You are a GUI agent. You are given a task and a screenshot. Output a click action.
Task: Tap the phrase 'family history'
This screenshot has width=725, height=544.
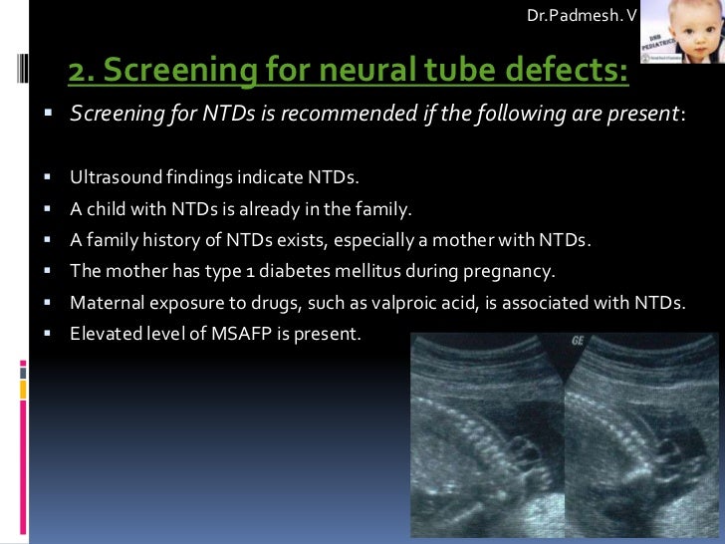(136, 240)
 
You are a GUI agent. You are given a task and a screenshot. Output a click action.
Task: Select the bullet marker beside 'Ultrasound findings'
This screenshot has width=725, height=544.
(47, 178)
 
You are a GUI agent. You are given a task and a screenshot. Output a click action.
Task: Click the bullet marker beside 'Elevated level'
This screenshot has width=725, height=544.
(47, 333)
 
